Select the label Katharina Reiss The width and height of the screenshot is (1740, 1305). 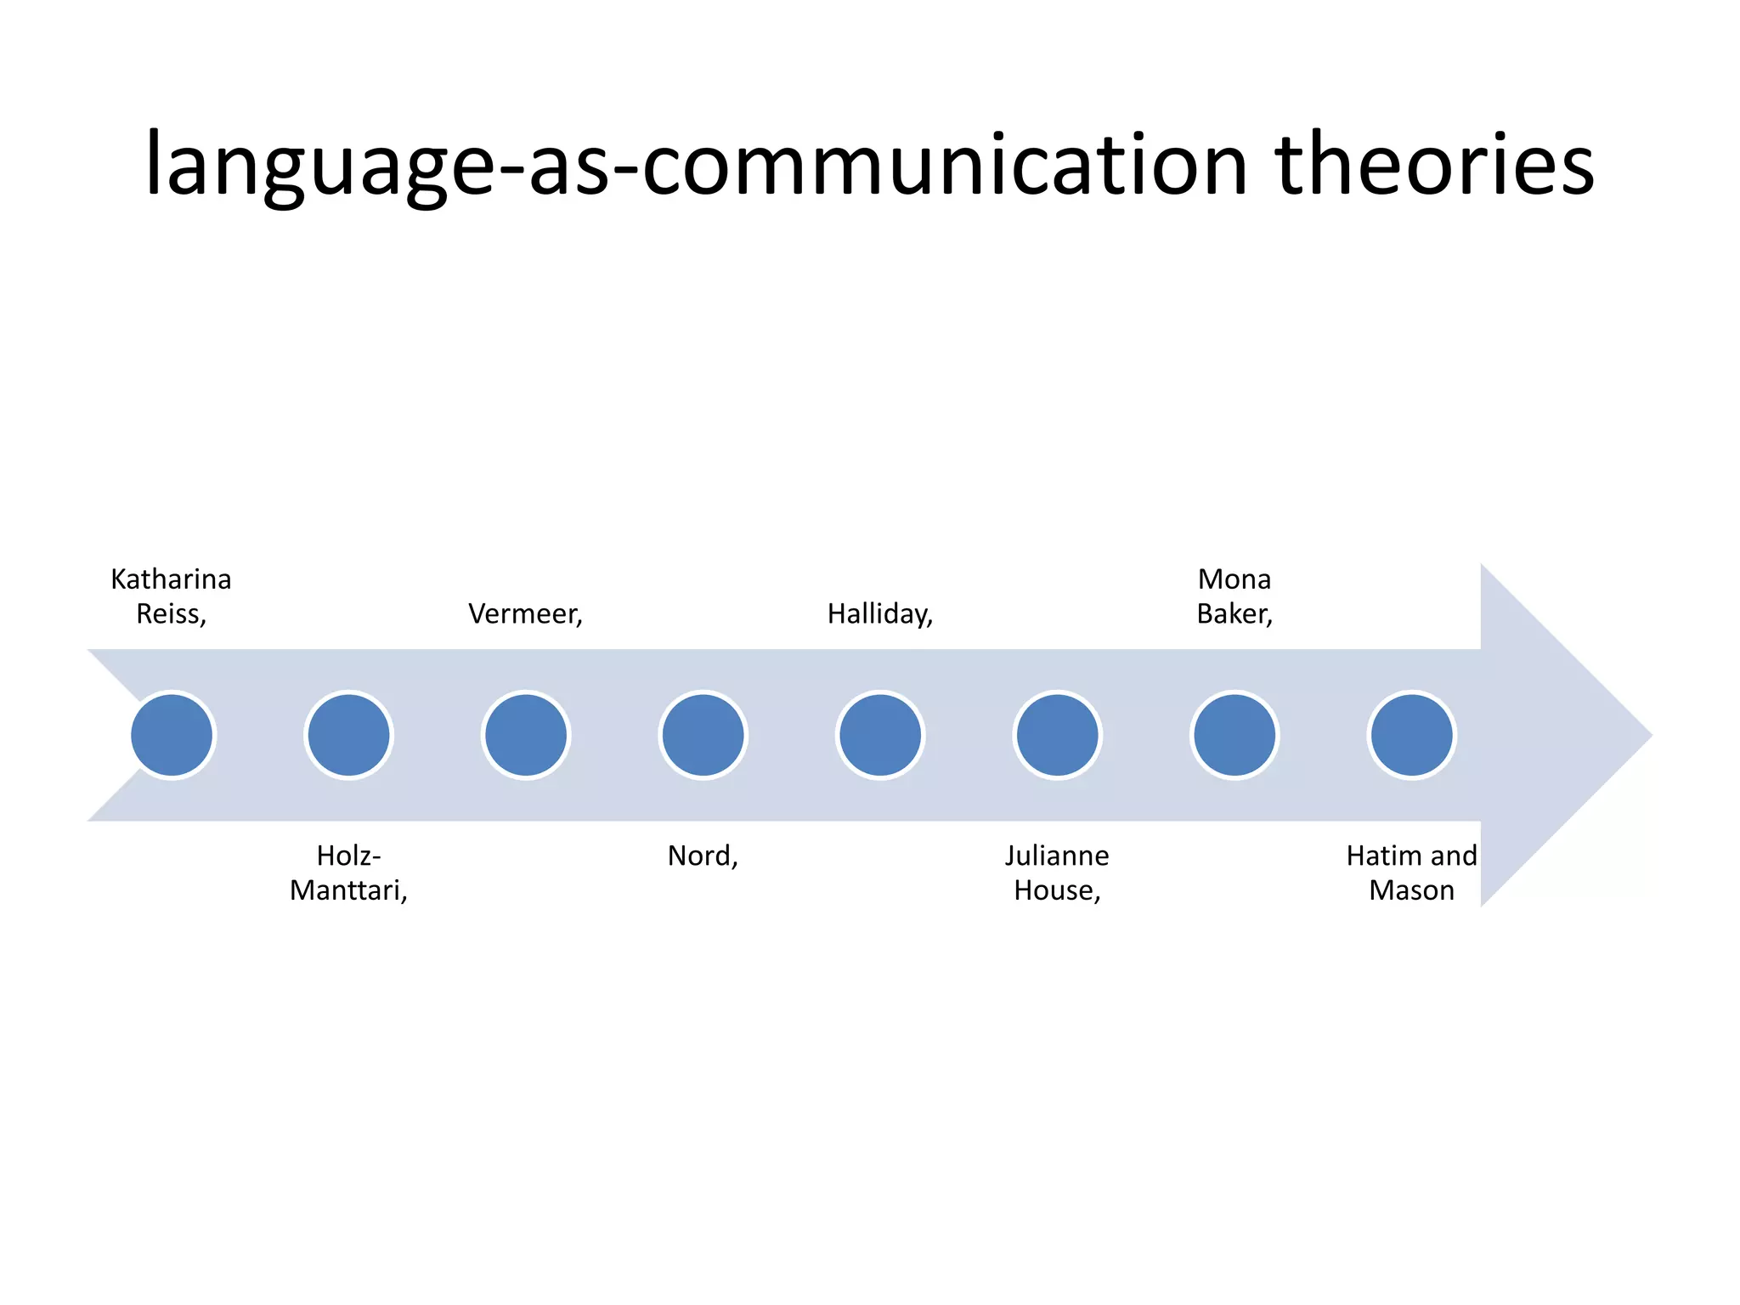click(x=172, y=596)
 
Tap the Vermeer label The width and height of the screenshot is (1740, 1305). click(x=526, y=613)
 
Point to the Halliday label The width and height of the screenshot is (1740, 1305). click(x=880, y=613)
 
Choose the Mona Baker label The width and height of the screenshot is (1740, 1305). click(x=1234, y=596)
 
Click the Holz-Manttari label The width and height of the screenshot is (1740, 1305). click(x=348, y=873)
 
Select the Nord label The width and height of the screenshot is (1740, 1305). click(x=703, y=856)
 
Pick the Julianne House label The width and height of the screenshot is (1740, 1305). click(x=1057, y=873)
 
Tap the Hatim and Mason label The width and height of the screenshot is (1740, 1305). click(x=1411, y=873)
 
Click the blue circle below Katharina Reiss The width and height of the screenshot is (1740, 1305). click(x=172, y=735)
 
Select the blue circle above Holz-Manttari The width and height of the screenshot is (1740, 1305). click(x=348, y=735)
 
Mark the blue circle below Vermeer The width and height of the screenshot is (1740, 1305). click(x=526, y=735)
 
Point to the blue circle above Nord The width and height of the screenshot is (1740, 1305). click(x=703, y=735)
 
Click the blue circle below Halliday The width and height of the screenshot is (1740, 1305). click(x=880, y=735)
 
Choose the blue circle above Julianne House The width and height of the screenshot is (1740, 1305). click(x=1057, y=735)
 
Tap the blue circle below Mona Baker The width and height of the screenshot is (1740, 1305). click(x=1234, y=735)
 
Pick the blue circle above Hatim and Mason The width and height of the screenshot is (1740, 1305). click(x=1411, y=735)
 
